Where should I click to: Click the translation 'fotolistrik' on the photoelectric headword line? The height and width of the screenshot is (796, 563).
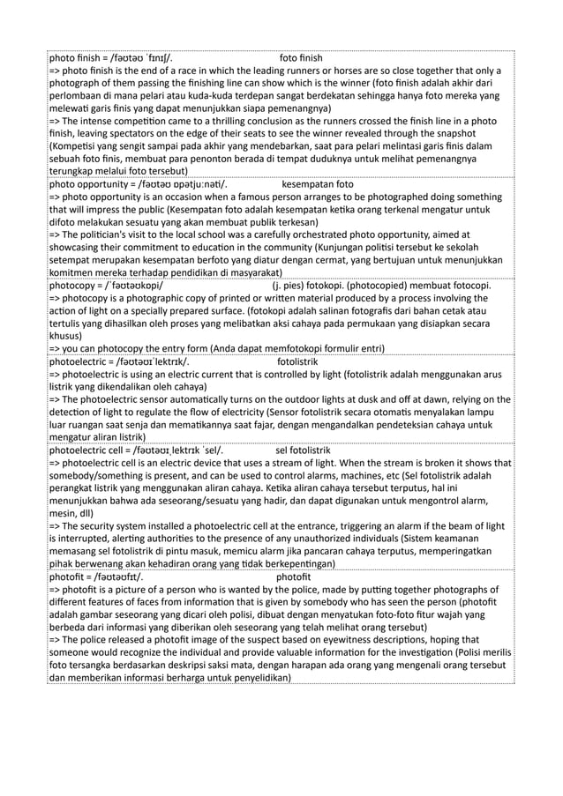pyautogui.click(x=297, y=361)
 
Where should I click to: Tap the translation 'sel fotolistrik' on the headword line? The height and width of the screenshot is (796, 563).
pyautogui.click(x=308, y=450)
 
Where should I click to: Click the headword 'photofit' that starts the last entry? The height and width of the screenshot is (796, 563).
pyautogui.click(x=69, y=577)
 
